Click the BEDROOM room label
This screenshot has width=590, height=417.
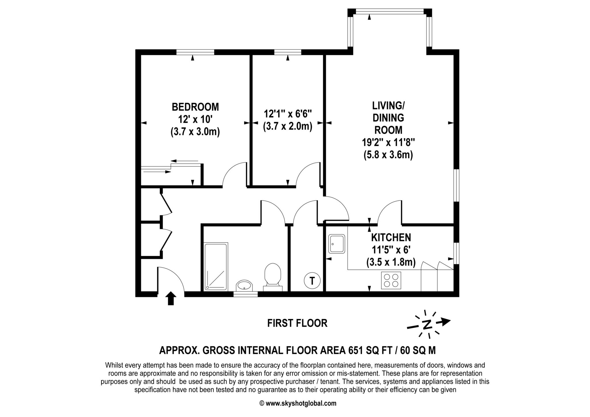(195, 107)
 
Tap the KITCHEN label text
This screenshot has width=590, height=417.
(391, 238)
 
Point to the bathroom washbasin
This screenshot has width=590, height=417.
(244, 286)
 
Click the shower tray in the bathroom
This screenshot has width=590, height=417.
(216, 266)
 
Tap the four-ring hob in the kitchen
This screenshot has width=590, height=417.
(391, 280)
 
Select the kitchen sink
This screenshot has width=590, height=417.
(337, 244)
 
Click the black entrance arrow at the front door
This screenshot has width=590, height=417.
(171, 298)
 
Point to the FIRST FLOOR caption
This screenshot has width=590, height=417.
(297, 323)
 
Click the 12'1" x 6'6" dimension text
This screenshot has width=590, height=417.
(288, 114)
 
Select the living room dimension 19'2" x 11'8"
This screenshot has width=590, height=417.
(388, 142)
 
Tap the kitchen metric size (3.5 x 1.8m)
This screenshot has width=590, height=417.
(391, 262)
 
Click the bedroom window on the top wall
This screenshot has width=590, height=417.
(195, 52)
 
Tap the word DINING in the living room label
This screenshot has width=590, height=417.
(388, 118)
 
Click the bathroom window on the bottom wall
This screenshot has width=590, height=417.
(245, 294)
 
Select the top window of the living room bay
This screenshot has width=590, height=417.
(390, 11)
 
